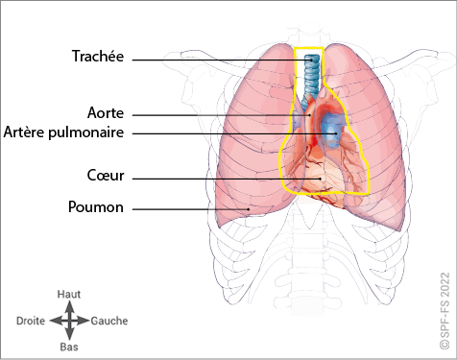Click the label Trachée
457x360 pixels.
[x=98, y=56]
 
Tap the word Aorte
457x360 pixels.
[x=106, y=113]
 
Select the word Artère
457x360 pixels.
[x=24, y=132]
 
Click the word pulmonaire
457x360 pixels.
[x=86, y=132]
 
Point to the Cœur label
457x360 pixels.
[x=106, y=176]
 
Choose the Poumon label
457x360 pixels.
[x=96, y=206]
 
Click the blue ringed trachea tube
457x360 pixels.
[x=311, y=75]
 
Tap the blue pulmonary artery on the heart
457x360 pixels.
[x=333, y=130]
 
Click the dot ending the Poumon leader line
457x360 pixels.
[x=249, y=209]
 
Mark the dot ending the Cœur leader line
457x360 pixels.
[x=320, y=179]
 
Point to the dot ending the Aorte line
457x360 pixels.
[x=309, y=115]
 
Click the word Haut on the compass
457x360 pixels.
[x=69, y=294]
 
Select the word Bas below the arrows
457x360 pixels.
[x=69, y=347]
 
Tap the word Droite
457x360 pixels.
[x=31, y=321]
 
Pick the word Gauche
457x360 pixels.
[x=109, y=321]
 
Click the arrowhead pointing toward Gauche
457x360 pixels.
[x=84, y=321]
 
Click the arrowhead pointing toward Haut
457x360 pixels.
[x=69, y=306]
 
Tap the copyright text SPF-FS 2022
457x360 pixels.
[x=445, y=311]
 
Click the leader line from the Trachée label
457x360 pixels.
[x=222, y=60]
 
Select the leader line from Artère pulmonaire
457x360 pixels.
[x=234, y=133]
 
